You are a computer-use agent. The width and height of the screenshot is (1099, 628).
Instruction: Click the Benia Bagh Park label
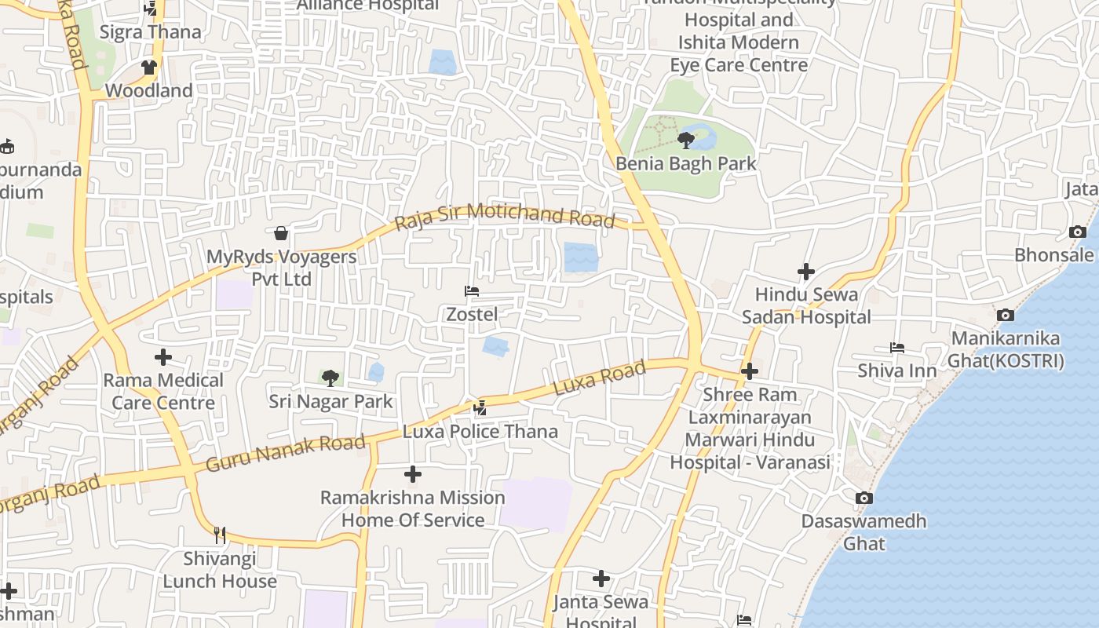[x=686, y=163]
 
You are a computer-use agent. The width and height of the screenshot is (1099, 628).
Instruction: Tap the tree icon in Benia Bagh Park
[x=686, y=141]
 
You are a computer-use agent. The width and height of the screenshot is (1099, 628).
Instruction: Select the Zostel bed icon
[x=472, y=291]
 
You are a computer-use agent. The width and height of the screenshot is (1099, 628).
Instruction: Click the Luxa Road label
[x=600, y=378]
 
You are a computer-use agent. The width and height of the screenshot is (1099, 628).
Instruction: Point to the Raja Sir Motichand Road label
[x=505, y=216]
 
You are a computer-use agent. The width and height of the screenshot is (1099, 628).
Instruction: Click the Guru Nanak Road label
[x=286, y=453]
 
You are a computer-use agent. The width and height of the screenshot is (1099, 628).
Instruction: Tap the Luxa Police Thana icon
[x=480, y=407]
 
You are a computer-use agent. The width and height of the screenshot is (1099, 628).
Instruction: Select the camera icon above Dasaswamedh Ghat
[x=864, y=498]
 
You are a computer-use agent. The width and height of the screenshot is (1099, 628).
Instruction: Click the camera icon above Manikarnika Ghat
[x=1006, y=315]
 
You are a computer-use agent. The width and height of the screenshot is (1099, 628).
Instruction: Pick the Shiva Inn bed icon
[x=897, y=347]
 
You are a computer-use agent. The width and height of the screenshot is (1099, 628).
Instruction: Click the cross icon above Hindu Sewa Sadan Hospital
[x=806, y=272]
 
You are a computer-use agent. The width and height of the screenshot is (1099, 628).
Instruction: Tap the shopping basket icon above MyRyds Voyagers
[x=281, y=233]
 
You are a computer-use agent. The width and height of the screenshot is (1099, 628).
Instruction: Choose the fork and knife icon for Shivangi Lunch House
[x=220, y=535]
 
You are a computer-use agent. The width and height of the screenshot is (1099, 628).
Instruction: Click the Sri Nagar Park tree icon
[x=330, y=378]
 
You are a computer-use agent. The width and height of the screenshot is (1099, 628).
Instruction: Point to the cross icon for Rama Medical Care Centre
[x=163, y=357]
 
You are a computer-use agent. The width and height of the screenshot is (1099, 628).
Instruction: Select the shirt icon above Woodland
[x=149, y=68]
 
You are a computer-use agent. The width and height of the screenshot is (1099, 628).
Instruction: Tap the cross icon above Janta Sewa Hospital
[x=601, y=579]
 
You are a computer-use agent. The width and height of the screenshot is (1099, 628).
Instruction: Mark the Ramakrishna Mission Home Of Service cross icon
[x=413, y=474]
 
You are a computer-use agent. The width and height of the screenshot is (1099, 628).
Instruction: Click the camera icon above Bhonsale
[x=1078, y=232]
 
